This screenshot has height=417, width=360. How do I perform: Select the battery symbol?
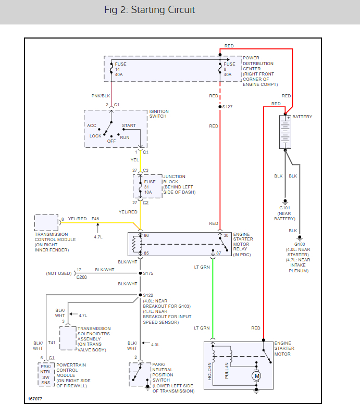coord(285,132)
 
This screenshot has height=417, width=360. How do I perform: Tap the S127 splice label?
coord(228,107)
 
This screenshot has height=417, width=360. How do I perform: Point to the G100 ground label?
coord(300,244)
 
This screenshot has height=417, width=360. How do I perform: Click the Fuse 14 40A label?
coord(120,69)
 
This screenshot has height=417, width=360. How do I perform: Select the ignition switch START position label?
coord(129,126)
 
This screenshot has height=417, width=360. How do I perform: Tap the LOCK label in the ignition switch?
coord(95,136)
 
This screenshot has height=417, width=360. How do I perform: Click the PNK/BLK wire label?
coord(101,96)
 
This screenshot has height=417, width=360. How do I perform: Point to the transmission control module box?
coord(47,222)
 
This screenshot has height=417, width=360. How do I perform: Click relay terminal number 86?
coord(146,236)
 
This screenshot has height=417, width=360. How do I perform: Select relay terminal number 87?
coord(219,253)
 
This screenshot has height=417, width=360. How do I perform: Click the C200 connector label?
coord(82,277)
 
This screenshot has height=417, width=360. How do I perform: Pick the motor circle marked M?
coord(256,375)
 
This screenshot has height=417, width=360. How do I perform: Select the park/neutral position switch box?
coord(139,375)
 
